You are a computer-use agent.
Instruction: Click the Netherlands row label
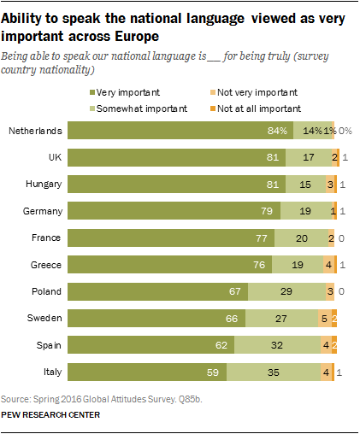coord(34,131)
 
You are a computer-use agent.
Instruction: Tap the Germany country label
coord(40,211)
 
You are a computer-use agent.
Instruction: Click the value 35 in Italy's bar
coord(293,372)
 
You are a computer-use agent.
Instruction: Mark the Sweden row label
coord(42,319)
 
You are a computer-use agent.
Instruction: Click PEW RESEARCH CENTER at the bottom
coord(50,414)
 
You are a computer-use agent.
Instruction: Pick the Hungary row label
coord(40,185)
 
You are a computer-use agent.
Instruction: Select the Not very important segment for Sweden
coord(323,319)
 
